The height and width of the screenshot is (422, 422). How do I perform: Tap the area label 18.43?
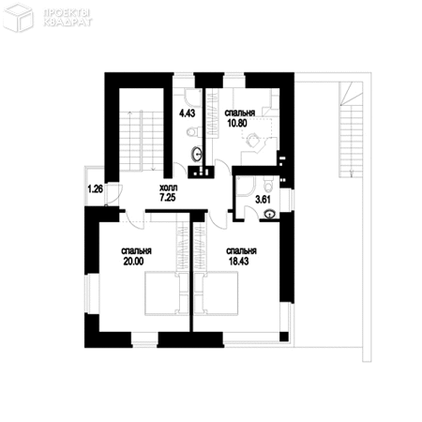click(241, 263)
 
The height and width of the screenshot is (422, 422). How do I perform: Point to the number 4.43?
click(187, 113)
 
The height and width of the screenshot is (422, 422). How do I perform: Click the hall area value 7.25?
click(168, 199)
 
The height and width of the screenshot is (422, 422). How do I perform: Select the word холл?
click(168, 188)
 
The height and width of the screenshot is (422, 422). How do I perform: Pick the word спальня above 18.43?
click(241, 251)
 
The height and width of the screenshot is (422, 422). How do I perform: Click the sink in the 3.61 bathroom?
click(270, 214)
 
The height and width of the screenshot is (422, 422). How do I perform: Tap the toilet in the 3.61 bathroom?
click(268, 183)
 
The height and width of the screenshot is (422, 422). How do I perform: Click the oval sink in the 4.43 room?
click(197, 153)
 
